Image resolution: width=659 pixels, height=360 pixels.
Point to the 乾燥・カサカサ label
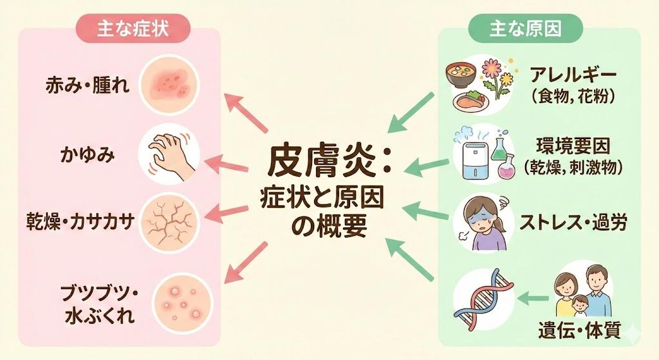[x=91, y=222]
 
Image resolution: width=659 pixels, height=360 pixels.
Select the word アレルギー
[x=572, y=75]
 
